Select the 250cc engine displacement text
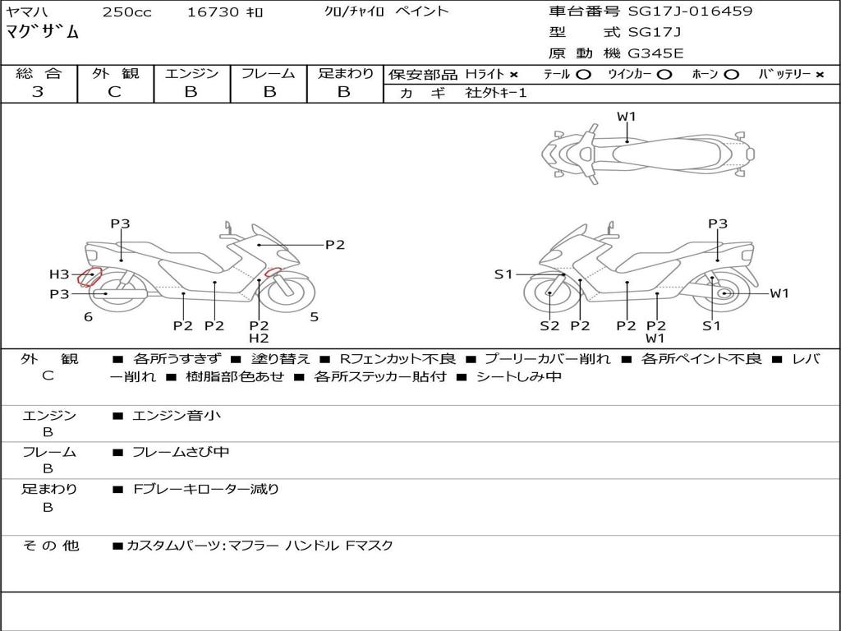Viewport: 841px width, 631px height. (x=126, y=12)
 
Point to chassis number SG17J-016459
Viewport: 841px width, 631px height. (x=690, y=12)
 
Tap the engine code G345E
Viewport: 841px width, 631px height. (x=655, y=54)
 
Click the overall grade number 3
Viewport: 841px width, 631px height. (x=38, y=92)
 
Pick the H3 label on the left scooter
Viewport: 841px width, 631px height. (x=59, y=274)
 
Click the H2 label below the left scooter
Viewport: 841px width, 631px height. (x=259, y=338)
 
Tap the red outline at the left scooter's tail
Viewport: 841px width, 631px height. (x=89, y=276)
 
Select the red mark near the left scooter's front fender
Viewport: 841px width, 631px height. (x=273, y=273)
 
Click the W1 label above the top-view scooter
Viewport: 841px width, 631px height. (x=627, y=117)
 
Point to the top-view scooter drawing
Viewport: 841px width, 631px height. (x=647, y=153)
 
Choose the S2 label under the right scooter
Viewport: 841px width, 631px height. (x=549, y=325)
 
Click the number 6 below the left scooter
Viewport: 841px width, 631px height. (x=88, y=317)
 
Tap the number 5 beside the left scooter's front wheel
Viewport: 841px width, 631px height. (x=314, y=317)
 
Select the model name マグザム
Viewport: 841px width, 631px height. (x=43, y=33)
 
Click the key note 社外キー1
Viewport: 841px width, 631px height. (x=496, y=93)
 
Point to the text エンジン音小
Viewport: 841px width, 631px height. (x=177, y=416)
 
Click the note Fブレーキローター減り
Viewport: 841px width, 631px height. (x=206, y=489)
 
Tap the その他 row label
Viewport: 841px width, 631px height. (x=50, y=546)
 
